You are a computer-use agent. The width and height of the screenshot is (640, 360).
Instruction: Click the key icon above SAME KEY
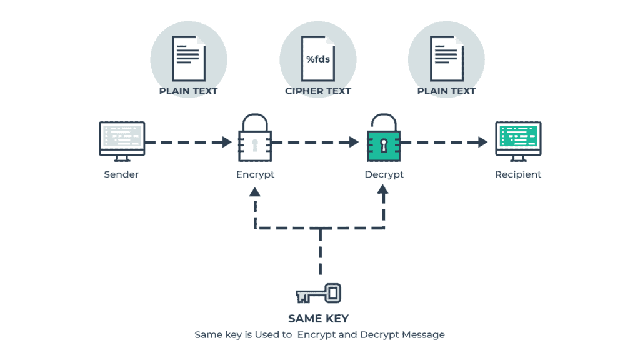(319, 293)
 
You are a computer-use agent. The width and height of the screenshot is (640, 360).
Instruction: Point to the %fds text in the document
(318, 59)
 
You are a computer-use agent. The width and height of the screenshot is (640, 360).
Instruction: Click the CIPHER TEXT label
(318, 91)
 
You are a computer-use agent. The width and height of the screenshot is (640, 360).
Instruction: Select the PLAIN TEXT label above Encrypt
(188, 91)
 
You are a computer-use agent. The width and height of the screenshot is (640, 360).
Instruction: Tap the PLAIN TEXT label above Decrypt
(446, 91)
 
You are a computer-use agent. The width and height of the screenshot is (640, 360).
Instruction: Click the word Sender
(121, 174)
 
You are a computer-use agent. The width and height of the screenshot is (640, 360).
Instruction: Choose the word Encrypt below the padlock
(255, 174)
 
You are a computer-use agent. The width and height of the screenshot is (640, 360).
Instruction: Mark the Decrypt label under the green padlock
(384, 174)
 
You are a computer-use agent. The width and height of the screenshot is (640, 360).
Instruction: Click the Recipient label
(518, 174)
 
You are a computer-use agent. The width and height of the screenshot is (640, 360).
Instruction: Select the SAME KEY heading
(319, 319)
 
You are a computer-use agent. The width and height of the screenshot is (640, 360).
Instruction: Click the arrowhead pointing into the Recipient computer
(482, 142)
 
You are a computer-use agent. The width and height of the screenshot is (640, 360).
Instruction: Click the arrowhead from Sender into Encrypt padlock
(226, 142)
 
